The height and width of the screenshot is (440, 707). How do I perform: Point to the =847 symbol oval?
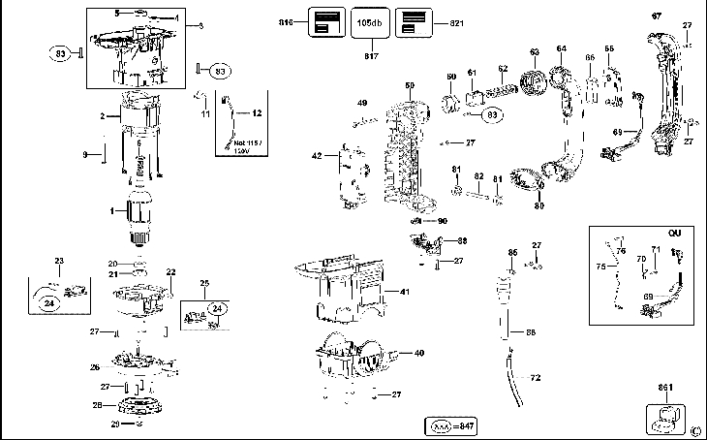454,426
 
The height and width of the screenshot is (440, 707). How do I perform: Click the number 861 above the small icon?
665,389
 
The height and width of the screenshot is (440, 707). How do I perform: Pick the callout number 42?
316,156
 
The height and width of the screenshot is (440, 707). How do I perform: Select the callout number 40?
418,353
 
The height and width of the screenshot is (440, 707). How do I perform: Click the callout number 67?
656,16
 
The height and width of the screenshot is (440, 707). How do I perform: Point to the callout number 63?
534,52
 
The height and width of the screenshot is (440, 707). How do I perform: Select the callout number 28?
97,405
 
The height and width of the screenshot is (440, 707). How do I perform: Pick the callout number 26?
95,367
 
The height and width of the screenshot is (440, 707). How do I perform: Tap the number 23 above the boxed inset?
58,262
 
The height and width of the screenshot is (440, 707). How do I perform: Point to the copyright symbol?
695,431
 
